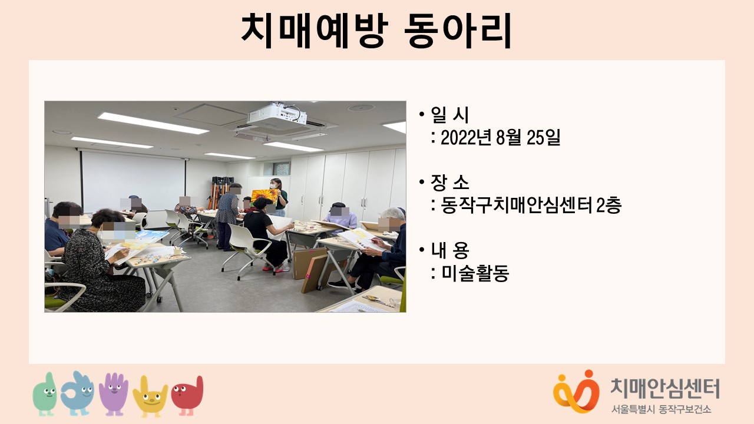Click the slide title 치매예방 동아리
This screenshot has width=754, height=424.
[377, 31]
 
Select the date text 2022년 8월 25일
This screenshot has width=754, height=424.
[501, 138]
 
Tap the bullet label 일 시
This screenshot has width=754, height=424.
[449, 115]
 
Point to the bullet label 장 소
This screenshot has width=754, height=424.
[449, 183]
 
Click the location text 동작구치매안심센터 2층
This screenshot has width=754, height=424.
[531, 205]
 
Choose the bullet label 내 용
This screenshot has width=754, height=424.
[449, 250]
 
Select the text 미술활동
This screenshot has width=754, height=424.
[475, 273]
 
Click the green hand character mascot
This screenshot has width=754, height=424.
[45, 394]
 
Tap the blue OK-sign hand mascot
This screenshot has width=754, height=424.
[77, 393]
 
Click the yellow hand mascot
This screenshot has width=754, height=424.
[150, 396]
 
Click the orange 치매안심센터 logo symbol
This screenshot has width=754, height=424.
[576, 392]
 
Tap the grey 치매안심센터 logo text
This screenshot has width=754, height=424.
[665, 388]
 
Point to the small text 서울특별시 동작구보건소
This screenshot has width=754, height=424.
[662, 409]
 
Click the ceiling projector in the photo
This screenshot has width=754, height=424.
[277, 115]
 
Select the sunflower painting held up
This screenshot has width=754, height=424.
[264, 197]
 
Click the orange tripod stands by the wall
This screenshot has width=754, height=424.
[220, 192]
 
